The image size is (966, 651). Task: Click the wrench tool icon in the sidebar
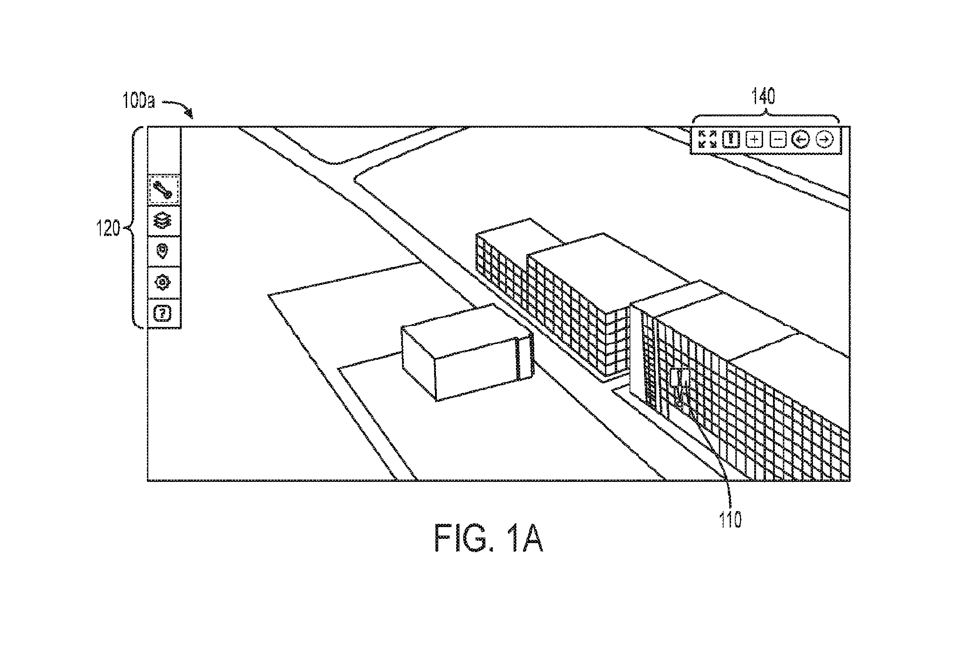pos(164,190)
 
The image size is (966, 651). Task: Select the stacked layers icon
pos(164,220)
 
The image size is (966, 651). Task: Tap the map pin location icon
pos(164,251)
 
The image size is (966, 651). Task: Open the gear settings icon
pos(164,282)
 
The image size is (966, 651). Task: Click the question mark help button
pos(164,312)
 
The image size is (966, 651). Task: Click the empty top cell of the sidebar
pos(164,150)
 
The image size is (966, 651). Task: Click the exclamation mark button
pos(730,139)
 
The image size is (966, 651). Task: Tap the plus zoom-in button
pos(755,139)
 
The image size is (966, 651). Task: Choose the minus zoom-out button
pos(778,139)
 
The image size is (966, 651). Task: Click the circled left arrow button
pos(801,139)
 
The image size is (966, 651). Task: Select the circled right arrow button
pos(825,139)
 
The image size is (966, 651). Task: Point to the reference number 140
pos(763,98)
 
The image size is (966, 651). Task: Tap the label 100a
pos(138,101)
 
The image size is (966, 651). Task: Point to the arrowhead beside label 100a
pos(189,114)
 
